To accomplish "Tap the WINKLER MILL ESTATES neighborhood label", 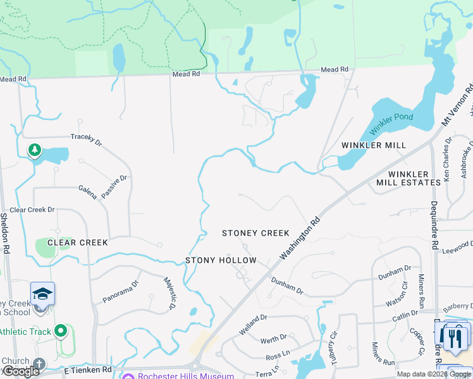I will pos(408,178).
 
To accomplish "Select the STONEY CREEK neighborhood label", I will pos(255,233).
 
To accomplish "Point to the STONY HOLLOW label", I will pos(221,260).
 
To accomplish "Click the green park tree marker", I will pos(35,150).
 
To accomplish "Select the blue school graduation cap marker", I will pos(42,294).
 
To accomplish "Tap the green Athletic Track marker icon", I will pos(61,330).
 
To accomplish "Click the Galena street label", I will pos(88,192).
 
